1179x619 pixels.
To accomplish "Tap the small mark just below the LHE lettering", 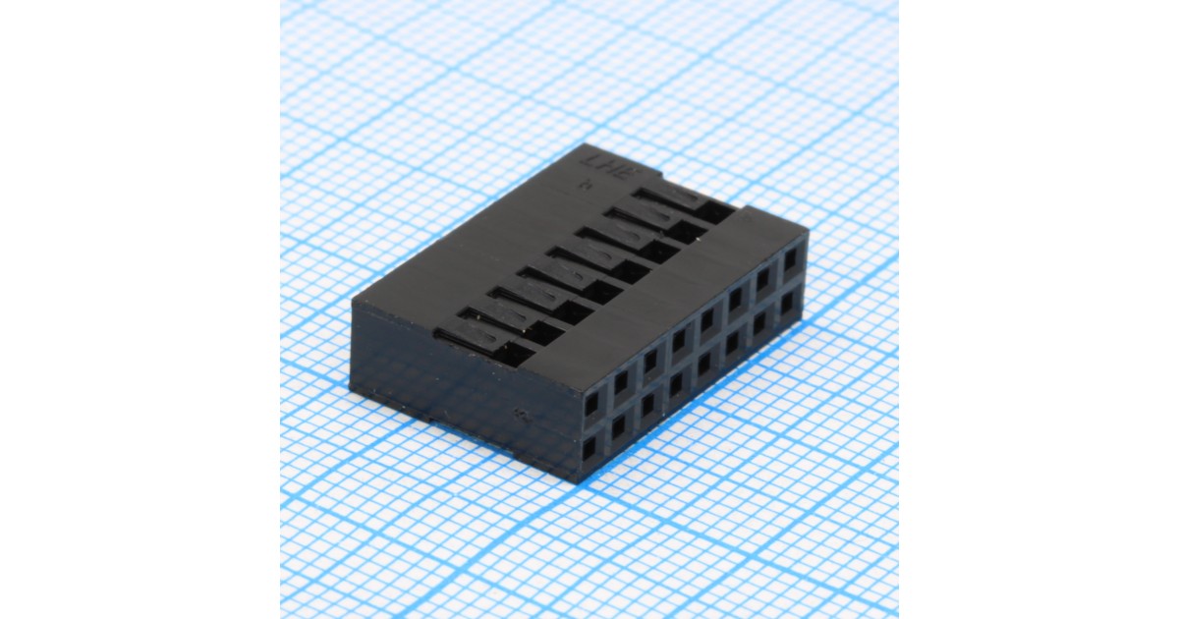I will click(586, 183).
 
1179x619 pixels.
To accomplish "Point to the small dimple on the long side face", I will click(520, 414).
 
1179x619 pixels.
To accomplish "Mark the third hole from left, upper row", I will click(650, 361).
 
